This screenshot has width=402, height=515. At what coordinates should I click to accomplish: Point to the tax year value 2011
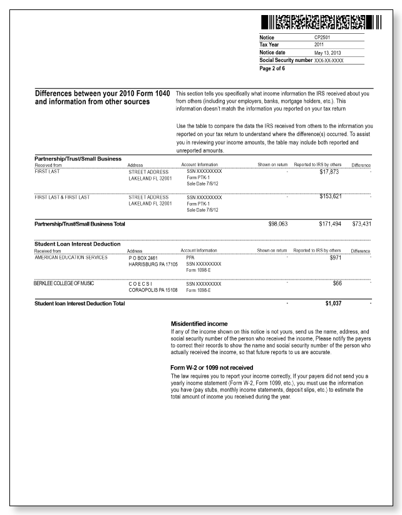pos(320,45)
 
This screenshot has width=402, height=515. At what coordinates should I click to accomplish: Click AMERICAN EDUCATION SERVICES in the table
pos(71,257)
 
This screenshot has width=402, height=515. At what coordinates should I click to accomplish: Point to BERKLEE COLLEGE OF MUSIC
pos(66,283)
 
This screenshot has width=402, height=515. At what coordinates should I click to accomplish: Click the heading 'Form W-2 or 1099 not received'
pos(211,367)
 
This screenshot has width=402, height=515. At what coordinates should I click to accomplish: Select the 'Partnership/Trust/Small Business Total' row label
pos(83,224)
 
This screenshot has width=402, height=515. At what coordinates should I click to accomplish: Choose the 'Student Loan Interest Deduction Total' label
pos(80,304)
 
